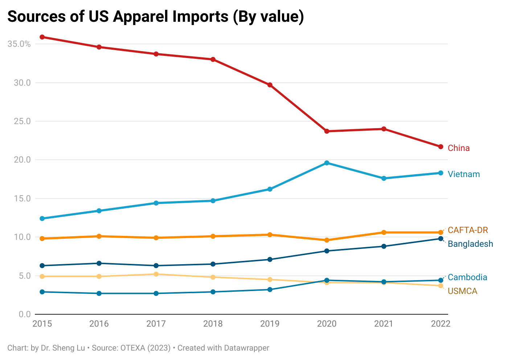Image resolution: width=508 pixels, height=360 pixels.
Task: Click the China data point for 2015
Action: click(x=42, y=37)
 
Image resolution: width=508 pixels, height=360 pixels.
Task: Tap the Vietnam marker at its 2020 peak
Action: click(x=327, y=163)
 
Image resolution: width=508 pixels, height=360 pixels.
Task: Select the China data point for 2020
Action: click(x=327, y=131)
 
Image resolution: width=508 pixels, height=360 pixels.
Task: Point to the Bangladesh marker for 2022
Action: click(x=441, y=238)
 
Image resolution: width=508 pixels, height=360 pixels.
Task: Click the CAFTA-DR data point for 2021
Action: click(x=384, y=232)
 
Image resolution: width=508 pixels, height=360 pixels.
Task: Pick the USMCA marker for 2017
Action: click(x=156, y=274)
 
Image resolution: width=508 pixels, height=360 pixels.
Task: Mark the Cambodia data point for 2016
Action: click(x=99, y=293)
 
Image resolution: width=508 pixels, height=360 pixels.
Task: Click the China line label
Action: click(x=459, y=148)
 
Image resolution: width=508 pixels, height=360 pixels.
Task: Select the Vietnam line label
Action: click(x=464, y=174)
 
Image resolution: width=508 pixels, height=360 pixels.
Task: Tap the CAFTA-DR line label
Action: click(x=468, y=230)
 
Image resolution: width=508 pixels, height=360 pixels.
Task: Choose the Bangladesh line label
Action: click(x=470, y=244)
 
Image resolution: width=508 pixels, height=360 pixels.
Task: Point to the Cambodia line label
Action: click(x=467, y=277)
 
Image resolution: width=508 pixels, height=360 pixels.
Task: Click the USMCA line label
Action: click(x=462, y=291)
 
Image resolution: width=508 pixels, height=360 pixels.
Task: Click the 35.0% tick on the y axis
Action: click(x=19, y=44)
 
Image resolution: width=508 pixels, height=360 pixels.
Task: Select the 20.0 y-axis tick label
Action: click(x=22, y=160)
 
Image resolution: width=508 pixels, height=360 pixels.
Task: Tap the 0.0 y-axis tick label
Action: click(x=25, y=314)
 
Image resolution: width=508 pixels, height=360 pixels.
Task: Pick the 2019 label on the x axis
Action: click(x=270, y=324)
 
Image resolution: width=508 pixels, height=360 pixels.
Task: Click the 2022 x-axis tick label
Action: click(x=441, y=324)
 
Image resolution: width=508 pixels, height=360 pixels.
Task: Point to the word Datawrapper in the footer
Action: click(x=246, y=348)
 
